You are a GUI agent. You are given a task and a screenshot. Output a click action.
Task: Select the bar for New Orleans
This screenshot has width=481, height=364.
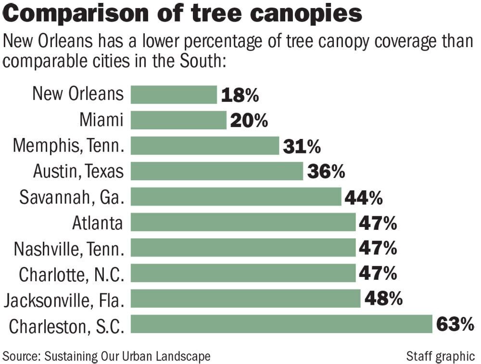coord(174,95)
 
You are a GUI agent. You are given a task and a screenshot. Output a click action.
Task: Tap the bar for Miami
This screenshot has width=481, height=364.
coord(178,120)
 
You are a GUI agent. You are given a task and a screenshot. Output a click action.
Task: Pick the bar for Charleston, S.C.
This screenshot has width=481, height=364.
coord(281,324)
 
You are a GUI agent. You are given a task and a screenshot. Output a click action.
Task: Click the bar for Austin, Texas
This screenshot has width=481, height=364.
coord(217,171)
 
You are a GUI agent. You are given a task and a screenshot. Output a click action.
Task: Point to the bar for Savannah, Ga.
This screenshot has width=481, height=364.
coord(236,197)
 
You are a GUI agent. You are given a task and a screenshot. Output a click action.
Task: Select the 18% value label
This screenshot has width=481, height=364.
coord(240,95)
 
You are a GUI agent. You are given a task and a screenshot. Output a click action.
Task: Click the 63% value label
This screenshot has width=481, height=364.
coord(455,324)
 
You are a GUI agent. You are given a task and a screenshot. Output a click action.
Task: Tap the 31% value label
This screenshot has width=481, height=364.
coord(302,146)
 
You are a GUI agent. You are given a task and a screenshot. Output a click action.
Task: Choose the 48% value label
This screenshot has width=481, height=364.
coord(383,299)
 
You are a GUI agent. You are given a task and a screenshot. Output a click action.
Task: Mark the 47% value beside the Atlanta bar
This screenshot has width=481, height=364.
coord(378,223)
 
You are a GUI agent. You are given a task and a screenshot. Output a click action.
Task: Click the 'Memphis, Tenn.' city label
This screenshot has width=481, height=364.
coord(68,146)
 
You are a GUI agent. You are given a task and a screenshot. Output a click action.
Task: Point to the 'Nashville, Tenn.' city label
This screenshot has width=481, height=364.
coord(69,248)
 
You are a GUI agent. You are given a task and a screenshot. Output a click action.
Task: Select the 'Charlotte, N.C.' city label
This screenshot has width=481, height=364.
coord(71,274)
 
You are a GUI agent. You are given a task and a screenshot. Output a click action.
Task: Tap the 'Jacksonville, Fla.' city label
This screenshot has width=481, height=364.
coord(64,300)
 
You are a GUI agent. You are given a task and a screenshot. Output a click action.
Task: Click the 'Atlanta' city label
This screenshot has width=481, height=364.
coord(98,223)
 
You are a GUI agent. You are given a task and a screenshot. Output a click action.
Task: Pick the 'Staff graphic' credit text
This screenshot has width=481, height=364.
coord(440,356)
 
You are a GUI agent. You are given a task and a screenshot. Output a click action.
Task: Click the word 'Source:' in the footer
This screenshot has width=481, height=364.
coord(22,356)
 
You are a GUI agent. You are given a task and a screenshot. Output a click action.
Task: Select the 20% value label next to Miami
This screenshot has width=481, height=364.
coord(249,121)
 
